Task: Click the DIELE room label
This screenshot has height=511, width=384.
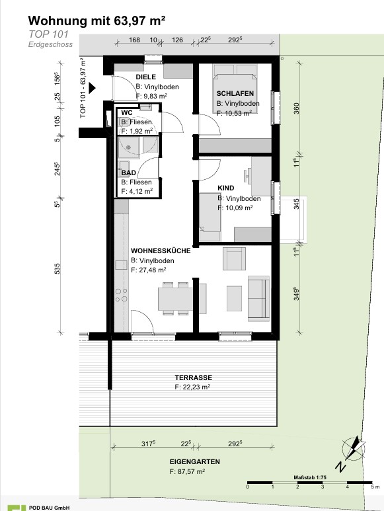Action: click(x=145, y=77)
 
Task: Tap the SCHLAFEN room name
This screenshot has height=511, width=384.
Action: click(x=235, y=93)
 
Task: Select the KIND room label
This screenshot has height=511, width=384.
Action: click(x=226, y=188)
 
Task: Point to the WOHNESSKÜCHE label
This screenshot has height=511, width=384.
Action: click(x=161, y=251)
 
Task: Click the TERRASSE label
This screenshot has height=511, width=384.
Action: click(x=194, y=377)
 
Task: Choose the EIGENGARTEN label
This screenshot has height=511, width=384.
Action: click(x=195, y=462)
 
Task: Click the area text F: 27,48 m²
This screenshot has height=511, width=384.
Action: click(x=149, y=270)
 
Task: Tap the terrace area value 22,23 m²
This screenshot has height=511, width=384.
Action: click(x=196, y=387)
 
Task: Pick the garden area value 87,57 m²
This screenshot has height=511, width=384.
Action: click(x=191, y=471)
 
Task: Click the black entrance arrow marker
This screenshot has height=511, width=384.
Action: click(x=92, y=88)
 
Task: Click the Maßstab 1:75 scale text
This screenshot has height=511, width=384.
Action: click(x=310, y=477)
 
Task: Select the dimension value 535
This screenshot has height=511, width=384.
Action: click(x=57, y=269)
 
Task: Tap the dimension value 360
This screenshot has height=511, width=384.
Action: click(x=296, y=108)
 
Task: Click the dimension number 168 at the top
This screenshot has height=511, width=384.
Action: click(x=135, y=40)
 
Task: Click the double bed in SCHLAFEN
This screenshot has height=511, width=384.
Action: click(x=235, y=89)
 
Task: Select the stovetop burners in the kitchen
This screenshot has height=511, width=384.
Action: click(x=121, y=295)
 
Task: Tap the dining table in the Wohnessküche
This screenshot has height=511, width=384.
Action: click(x=175, y=299)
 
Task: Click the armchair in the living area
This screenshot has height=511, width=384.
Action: click(x=234, y=258)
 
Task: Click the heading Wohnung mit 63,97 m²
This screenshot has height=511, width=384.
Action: click(x=96, y=21)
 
